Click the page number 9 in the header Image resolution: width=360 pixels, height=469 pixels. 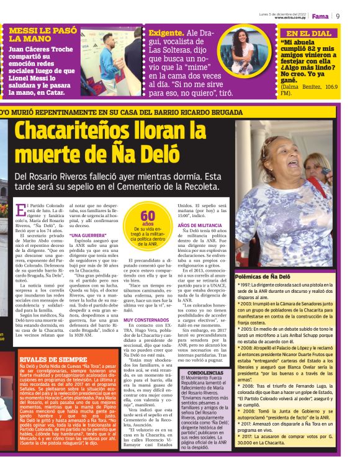[338, 16]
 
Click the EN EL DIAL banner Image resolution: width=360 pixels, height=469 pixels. [308, 33]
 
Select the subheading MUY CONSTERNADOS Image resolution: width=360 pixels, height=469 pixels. [146, 319]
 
